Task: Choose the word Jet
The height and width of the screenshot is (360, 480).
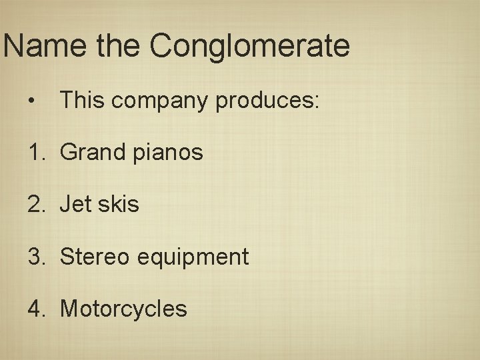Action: pos(75,204)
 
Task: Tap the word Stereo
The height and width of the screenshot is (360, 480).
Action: pos(95,256)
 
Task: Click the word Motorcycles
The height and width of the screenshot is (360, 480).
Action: pos(123,308)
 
